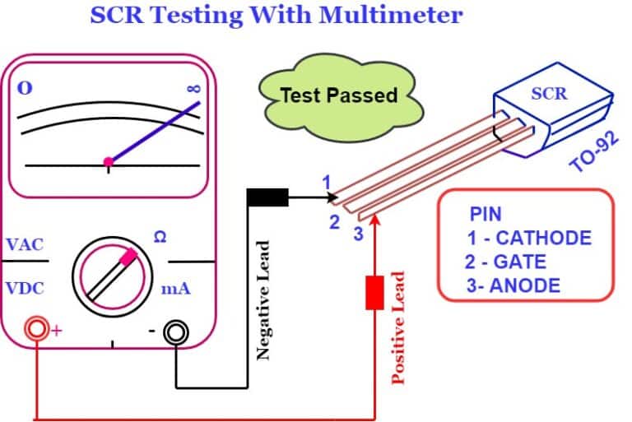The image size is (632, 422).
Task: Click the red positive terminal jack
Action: [36, 332]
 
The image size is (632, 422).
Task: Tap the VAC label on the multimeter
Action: [24, 245]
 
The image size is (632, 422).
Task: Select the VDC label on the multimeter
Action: [24, 290]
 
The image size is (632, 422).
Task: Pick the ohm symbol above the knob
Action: [160, 237]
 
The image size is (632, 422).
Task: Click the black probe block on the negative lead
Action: [267, 197]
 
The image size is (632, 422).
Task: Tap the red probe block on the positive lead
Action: [374, 292]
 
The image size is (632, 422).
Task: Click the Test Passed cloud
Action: [339, 95]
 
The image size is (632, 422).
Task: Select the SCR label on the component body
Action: [549, 93]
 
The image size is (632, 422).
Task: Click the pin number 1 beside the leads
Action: [326, 182]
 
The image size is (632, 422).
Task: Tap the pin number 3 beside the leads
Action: [358, 234]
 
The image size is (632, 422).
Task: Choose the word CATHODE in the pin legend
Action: [544, 239]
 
